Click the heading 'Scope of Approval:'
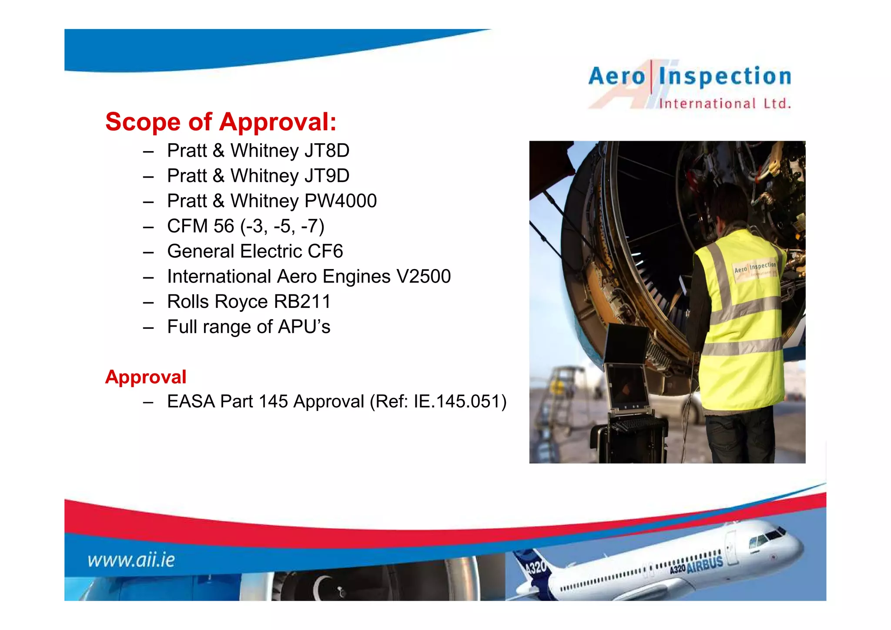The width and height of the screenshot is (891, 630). [x=221, y=121]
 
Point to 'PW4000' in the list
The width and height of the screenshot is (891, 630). [x=341, y=201]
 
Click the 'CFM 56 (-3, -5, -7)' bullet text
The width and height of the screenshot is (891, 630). [x=246, y=226]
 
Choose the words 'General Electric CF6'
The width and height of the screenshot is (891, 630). [x=255, y=252]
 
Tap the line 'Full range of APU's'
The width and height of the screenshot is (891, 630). [x=248, y=327]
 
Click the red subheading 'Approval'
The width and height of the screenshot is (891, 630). [x=146, y=377]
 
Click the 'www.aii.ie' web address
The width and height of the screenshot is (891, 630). [x=131, y=560]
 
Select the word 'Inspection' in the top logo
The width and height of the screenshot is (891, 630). [x=725, y=77]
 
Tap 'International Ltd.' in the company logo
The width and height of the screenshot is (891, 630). [x=725, y=104]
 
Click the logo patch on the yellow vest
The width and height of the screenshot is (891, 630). [x=755, y=270]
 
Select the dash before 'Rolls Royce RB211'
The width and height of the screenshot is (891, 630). [x=148, y=303]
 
